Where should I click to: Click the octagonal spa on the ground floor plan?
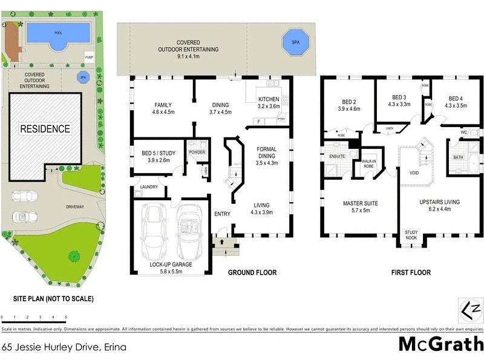click(295, 43)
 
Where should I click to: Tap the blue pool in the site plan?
click(58, 33)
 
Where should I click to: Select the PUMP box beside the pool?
click(88, 57)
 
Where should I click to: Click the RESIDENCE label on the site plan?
click(45, 129)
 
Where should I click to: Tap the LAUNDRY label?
click(148, 187)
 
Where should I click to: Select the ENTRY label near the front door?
click(222, 214)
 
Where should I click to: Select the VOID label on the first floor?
click(414, 172)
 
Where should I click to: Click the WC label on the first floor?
click(463, 131)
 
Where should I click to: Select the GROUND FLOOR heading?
click(252, 273)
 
